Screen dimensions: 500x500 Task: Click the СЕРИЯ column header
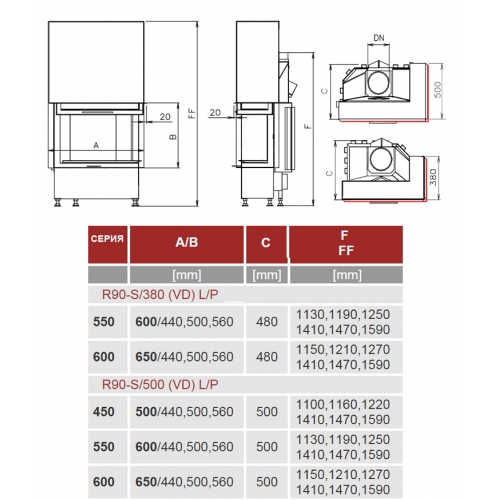[107, 239]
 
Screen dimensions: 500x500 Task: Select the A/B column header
[187, 242]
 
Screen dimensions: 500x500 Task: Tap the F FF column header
[345, 243]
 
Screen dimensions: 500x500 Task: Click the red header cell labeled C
[266, 243]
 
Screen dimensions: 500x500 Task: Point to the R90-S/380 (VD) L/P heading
[160, 295]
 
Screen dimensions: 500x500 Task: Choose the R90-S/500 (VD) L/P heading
[160, 385]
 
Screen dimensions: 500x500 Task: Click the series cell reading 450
[104, 412]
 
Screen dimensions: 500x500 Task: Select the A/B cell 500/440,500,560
[184, 412]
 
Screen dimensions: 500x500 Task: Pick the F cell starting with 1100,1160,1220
[343, 412]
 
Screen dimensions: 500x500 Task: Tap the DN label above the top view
[379, 38]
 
